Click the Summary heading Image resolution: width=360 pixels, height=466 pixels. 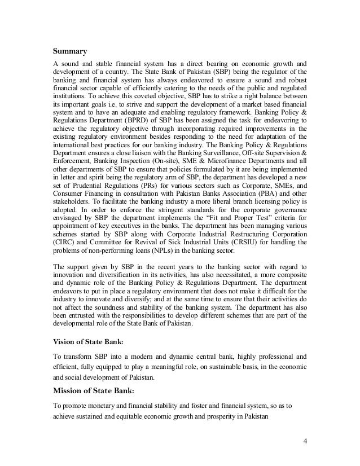[x=70, y=52]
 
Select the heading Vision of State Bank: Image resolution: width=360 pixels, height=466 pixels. [x=89, y=341]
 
